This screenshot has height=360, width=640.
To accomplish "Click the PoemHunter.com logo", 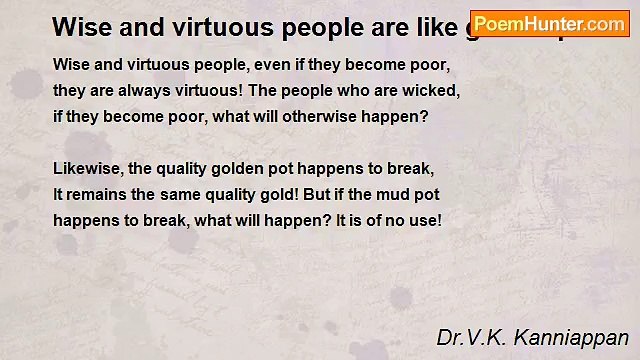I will pyautogui.click(x=549, y=24).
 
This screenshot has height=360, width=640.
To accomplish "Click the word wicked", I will pyautogui.click(x=432, y=90).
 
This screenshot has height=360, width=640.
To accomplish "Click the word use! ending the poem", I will pyautogui.click(x=423, y=218).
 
